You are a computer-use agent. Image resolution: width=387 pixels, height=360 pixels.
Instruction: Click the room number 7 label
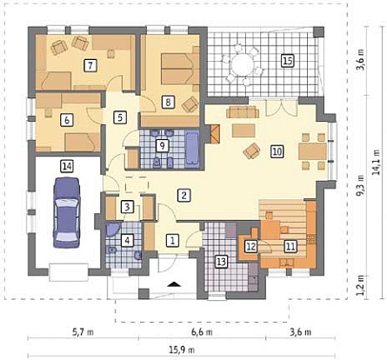tap(90, 65)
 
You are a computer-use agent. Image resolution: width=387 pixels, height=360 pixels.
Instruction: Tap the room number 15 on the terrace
tap(288, 61)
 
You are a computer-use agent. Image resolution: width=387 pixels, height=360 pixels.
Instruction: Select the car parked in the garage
tap(67, 213)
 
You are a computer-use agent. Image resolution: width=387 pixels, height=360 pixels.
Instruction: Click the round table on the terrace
tap(242, 65)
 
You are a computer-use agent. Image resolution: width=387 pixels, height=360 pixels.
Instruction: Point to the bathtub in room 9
tap(192, 149)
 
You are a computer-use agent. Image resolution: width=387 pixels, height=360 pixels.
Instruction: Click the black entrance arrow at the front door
tap(174, 283)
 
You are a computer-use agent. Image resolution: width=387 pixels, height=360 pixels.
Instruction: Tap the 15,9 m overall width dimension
tap(182, 350)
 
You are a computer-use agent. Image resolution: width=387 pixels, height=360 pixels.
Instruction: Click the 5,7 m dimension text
tap(83, 332)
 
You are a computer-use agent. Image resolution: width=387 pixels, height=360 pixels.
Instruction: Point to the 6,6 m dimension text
tap(202, 332)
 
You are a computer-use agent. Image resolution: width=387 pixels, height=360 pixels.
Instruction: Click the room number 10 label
tap(277, 151)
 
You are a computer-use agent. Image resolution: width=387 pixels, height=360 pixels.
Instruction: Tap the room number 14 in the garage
tap(67, 166)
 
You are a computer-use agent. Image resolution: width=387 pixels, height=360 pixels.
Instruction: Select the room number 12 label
tap(250, 247)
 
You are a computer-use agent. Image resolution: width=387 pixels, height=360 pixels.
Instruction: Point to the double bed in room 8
tap(178, 69)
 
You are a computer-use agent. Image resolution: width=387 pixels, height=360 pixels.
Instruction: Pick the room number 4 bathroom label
tap(127, 240)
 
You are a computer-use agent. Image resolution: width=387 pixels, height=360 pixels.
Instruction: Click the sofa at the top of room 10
tap(243, 112)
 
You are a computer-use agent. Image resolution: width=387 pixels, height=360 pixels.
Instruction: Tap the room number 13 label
tap(221, 262)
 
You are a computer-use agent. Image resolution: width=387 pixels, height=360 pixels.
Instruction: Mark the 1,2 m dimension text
tap(360, 285)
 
